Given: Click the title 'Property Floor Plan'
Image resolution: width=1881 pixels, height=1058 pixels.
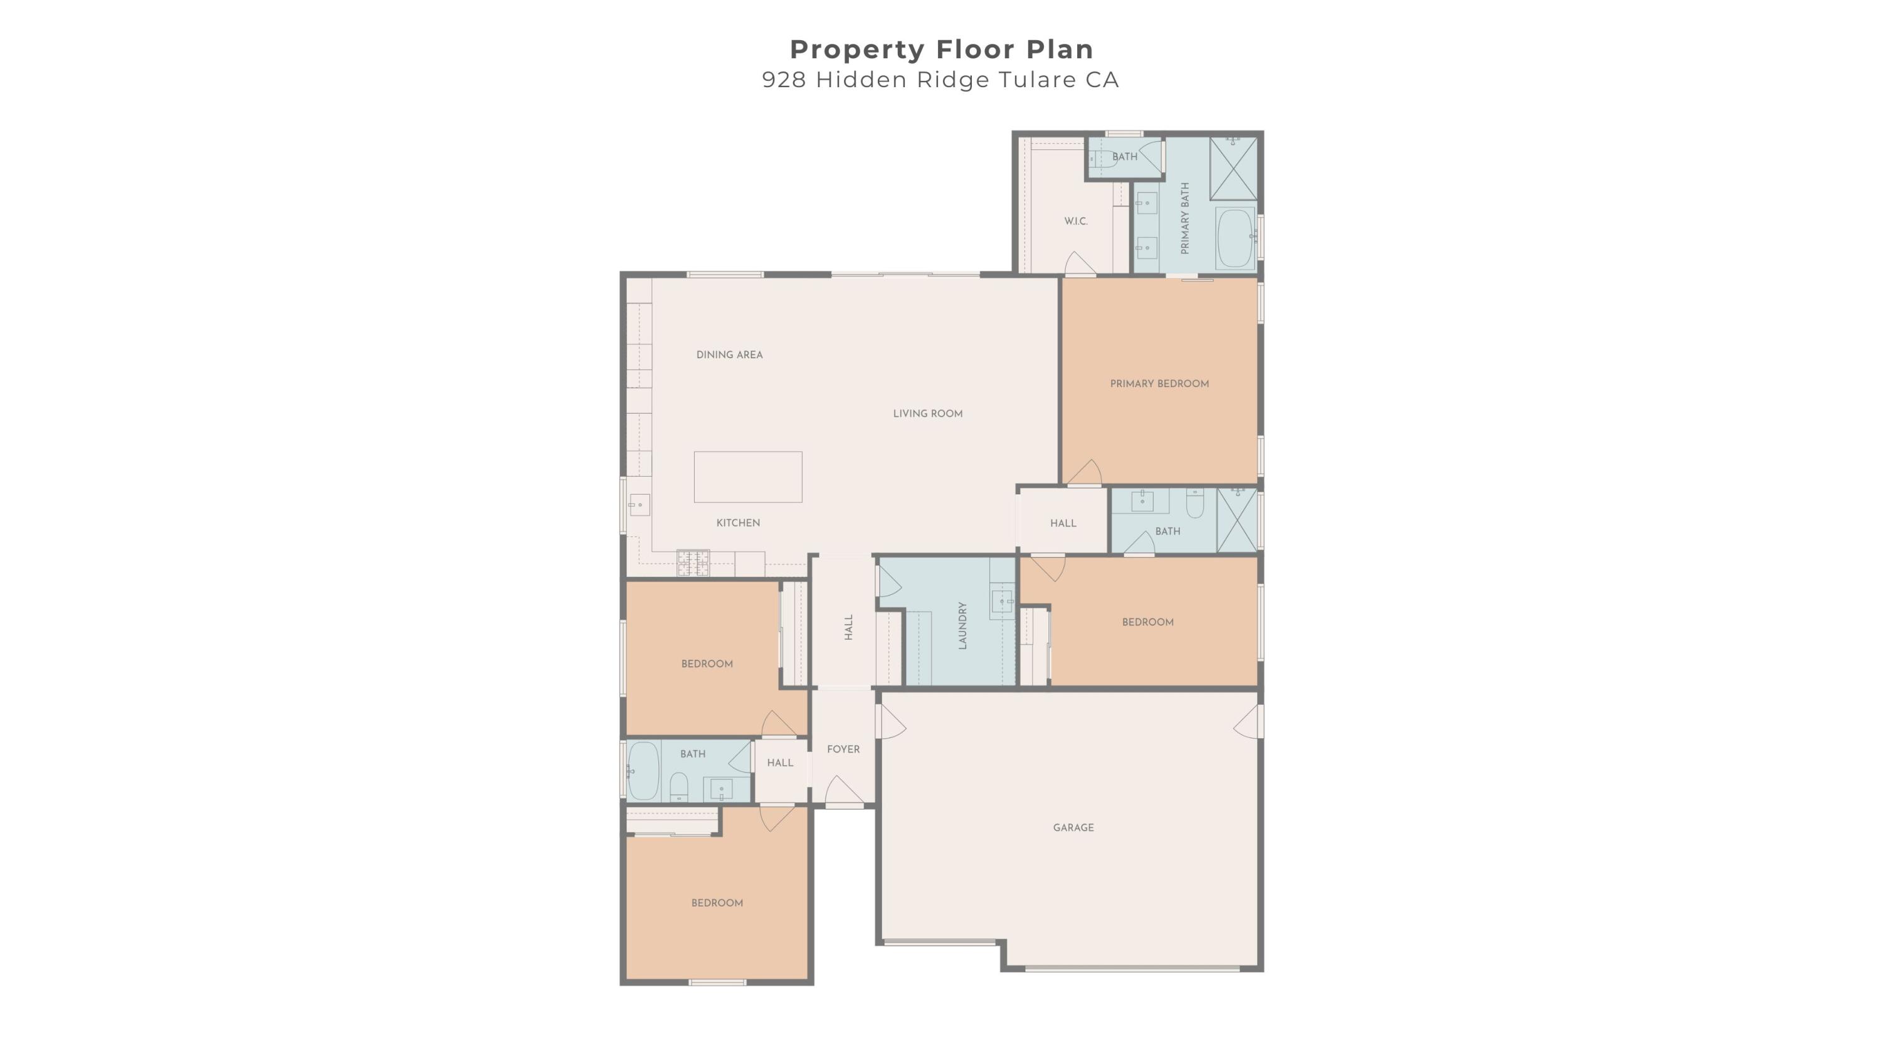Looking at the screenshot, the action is point(941,50).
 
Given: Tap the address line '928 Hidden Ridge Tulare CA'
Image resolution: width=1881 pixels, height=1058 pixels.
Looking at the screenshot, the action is point(940,80).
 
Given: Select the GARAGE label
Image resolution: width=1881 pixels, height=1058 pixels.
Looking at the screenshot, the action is point(1073,827).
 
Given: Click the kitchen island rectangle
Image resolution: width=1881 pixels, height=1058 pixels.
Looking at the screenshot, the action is point(748,477).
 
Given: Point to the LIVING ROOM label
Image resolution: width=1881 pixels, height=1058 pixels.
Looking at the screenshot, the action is point(927,413).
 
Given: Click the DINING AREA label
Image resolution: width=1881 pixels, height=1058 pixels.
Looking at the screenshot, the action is point(729,355).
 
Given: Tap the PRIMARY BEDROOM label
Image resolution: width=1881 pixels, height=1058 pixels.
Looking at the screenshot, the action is point(1159,383).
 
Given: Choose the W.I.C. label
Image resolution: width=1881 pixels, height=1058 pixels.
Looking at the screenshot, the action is point(1075,221).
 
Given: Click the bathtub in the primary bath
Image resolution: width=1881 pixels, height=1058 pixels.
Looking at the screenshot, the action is point(1235,239).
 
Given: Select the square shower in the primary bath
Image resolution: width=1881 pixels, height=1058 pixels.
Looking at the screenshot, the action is point(1233,168).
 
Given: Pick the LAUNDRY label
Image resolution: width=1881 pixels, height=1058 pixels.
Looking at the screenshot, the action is point(962,626).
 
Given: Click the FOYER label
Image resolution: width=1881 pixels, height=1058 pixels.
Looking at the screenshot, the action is point(843,749).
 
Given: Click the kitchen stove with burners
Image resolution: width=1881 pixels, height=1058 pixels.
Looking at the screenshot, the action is point(693,563).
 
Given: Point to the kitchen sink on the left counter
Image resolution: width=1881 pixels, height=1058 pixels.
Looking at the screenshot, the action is point(640,504).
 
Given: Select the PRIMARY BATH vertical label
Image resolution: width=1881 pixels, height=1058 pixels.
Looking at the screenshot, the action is point(1184,218).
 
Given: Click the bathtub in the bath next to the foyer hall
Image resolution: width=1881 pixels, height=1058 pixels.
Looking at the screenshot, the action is point(643,771).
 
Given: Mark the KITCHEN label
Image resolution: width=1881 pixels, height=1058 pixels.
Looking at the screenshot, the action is point(738,523).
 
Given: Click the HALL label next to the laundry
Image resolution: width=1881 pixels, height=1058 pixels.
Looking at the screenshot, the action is point(848,627).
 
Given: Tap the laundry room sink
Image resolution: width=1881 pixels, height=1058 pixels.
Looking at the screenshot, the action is point(1003,601).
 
